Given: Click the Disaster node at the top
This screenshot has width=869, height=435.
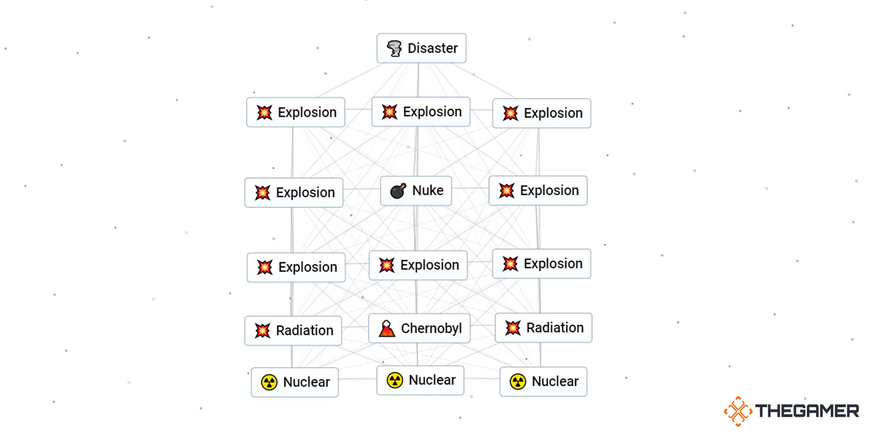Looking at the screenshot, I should click(x=421, y=48).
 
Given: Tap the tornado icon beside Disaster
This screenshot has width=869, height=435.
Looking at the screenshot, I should click(x=394, y=48).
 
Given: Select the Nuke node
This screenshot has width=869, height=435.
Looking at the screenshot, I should click(x=416, y=191).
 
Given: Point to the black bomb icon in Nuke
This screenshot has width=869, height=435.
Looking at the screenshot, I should click(x=398, y=191).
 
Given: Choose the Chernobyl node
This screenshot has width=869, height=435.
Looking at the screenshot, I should click(x=419, y=328).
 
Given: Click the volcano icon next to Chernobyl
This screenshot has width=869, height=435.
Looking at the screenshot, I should click(x=387, y=329).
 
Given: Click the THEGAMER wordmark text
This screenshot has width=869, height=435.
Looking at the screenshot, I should click(x=807, y=411).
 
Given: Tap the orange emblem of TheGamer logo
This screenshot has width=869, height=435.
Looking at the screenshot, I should click(x=738, y=411).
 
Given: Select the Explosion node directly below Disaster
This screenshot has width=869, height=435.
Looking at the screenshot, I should click(x=421, y=112).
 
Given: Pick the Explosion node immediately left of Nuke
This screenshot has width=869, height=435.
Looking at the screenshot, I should click(x=294, y=193).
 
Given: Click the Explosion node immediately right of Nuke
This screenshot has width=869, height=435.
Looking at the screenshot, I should click(x=538, y=191).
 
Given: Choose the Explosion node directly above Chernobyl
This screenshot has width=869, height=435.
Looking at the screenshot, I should click(x=418, y=265).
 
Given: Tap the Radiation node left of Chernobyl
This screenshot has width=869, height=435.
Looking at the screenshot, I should click(x=293, y=331).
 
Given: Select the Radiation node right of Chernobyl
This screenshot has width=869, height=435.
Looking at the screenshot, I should click(x=544, y=328).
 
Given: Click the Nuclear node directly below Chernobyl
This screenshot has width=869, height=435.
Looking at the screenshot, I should click(x=420, y=380).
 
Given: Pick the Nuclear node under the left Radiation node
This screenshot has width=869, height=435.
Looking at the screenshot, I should click(x=295, y=382).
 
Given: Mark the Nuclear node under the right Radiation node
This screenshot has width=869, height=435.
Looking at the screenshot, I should click(x=543, y=381).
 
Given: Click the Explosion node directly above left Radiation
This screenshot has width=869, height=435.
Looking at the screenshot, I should click(x=296, y=267).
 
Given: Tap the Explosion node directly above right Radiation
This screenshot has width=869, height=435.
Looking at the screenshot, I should click(x=541, y=264).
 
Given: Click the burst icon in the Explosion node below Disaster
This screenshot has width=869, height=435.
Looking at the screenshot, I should click(x=389, y=112).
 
